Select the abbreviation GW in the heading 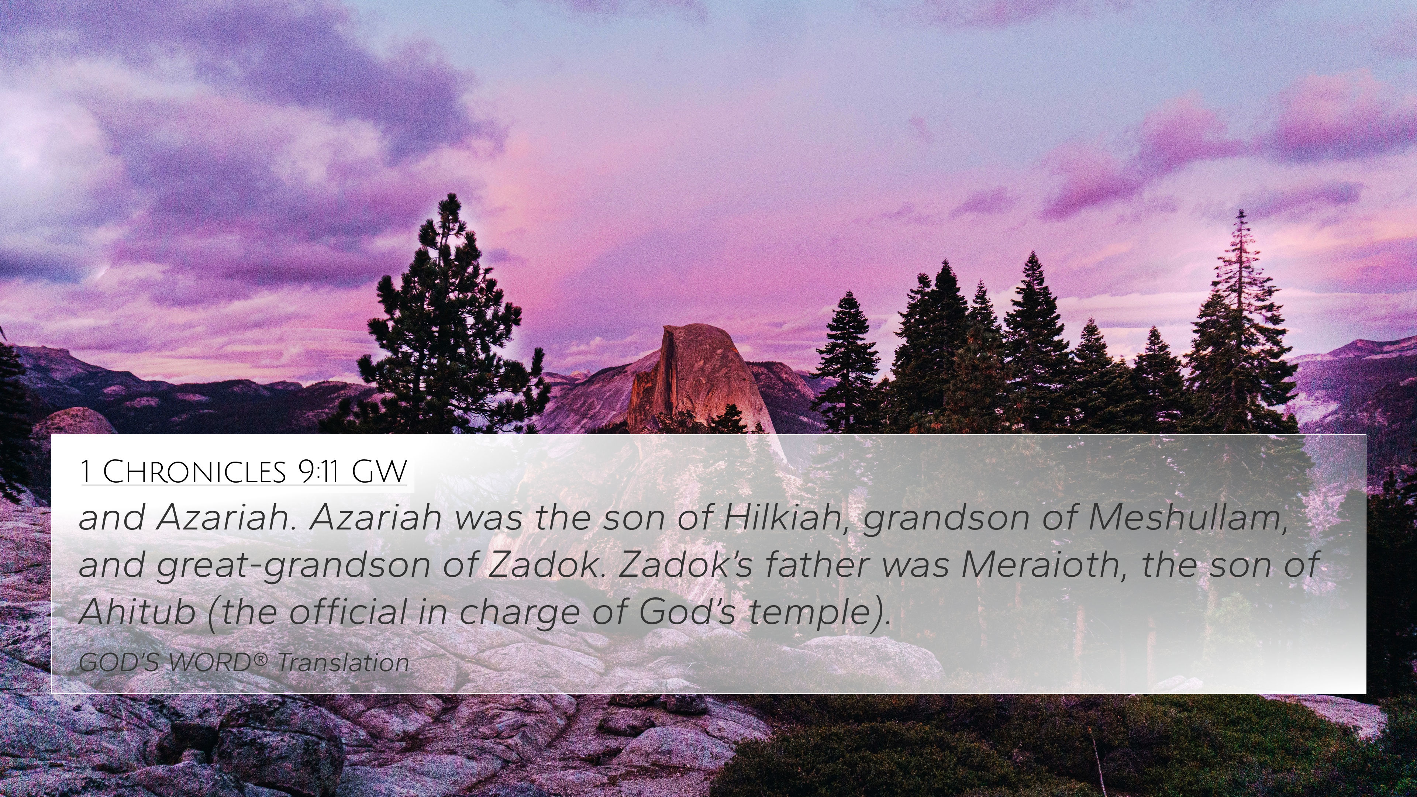379,472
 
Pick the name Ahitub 138,611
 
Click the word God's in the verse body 686,611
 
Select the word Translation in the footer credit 343,662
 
